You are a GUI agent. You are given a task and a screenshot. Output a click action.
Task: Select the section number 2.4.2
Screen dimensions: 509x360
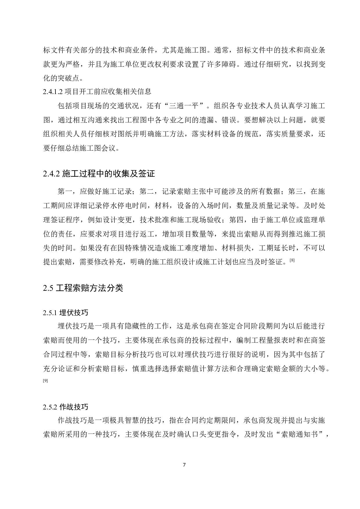point(51,174)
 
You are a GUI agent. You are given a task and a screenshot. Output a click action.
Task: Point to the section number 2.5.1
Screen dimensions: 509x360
point(50,313)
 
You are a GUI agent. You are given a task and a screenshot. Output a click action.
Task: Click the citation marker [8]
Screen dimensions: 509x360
point(292,261)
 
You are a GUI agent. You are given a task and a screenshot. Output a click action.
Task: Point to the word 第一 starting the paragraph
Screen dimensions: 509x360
point(65,192)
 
